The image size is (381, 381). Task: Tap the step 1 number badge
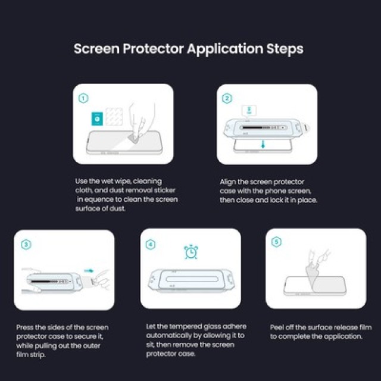pos(83,98)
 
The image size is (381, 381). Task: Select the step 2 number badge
pos(227,98)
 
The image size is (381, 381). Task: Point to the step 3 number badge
pos(25,244)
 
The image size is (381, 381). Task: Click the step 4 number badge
pos(151,244)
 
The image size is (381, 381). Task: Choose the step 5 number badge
pos(276,242)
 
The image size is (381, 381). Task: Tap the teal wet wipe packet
pos(95,117)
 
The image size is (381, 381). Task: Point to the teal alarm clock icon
pos(190,251)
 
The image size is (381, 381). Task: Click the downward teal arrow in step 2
pos(263,145)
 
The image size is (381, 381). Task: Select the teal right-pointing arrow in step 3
pos(90,269)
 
